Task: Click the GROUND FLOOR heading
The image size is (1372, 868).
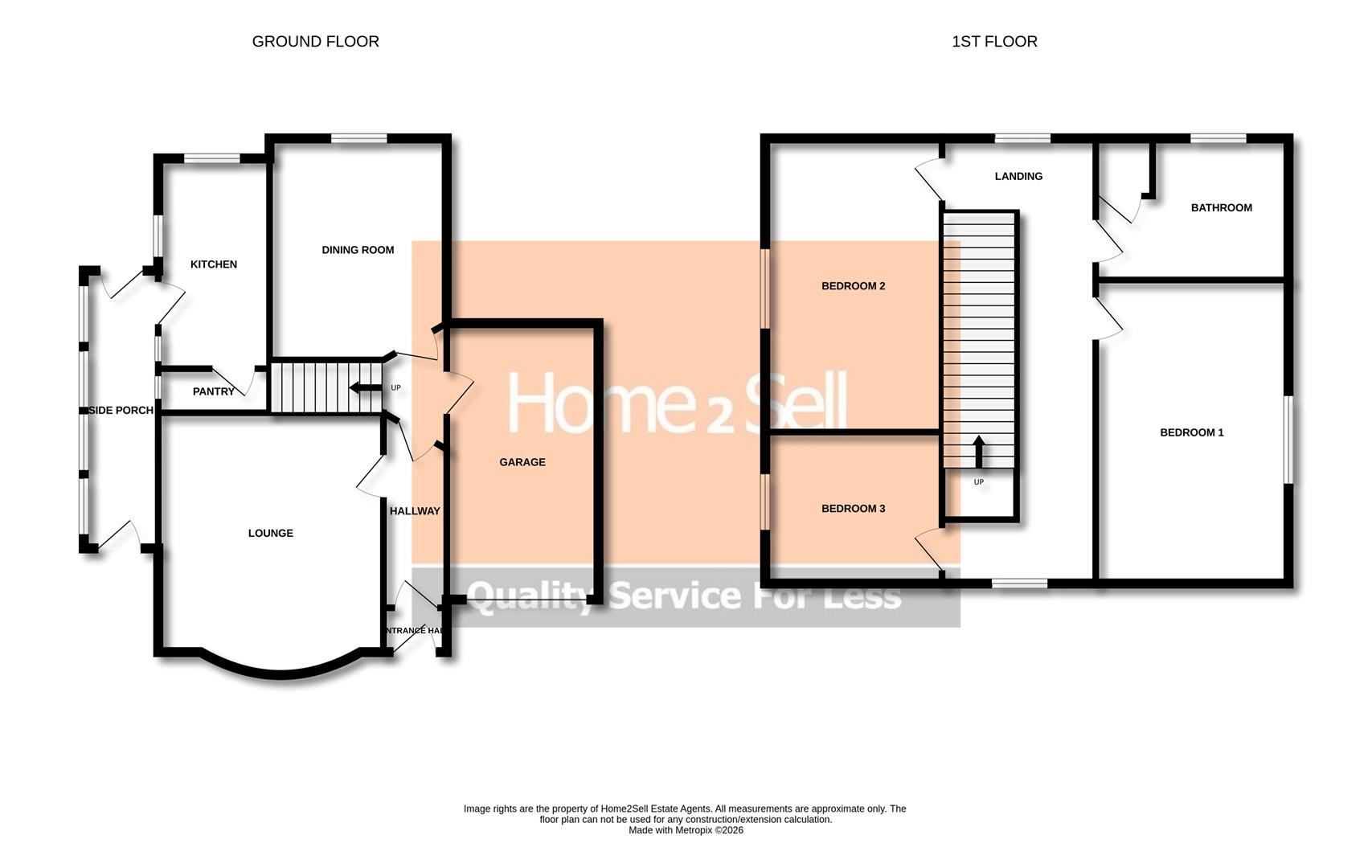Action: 315,42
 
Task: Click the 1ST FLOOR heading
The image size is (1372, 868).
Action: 994,42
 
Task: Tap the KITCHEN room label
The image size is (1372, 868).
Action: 214,264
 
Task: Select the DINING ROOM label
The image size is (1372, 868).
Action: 358,250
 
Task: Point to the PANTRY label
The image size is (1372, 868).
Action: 214,391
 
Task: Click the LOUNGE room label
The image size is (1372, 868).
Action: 271,533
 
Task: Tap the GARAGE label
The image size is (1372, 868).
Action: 522,462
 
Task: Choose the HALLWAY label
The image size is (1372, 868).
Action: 415,511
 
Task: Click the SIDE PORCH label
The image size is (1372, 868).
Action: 121,411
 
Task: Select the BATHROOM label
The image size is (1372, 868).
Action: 1221,207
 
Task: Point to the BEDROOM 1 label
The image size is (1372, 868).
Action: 1191,432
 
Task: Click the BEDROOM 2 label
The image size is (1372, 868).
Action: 853,286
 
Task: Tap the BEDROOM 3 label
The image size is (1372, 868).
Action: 853,509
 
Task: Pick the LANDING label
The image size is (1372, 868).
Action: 1018,176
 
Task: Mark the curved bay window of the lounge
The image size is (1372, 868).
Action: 280,671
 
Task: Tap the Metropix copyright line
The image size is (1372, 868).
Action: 686,830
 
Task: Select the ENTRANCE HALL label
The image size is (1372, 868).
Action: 415,631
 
